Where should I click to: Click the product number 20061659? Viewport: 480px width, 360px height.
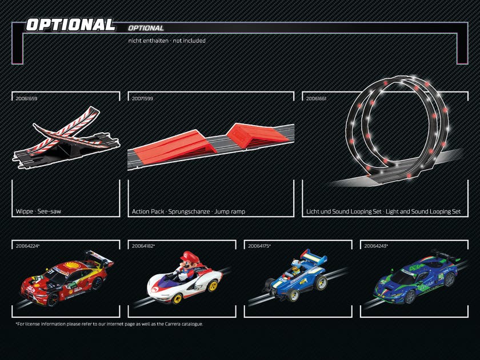(x=26, y=98)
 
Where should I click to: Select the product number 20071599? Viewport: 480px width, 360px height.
(x=142, y=98)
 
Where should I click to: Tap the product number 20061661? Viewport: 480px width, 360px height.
(x=316, y=98)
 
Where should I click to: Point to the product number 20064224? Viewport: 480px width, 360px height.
(x=27, y=246)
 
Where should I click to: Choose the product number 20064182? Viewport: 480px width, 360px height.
(x=143, y=246)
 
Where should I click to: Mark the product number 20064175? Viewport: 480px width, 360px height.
(x=259, y=246)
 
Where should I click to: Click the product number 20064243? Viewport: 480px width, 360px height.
(x=375, y=246)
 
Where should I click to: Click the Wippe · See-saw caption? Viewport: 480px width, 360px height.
(x=38, y=211)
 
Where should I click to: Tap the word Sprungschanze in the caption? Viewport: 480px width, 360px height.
(x=189, y=211)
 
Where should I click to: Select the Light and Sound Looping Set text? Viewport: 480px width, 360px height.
(x=423, y=211)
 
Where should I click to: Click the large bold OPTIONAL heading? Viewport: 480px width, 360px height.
(x=70, y=25)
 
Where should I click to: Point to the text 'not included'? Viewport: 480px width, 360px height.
(x=189, y=41)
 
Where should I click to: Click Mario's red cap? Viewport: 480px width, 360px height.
(x=190, y=256)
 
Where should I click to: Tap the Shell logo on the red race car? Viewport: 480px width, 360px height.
(x=69, y=265)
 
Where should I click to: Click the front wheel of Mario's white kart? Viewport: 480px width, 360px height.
(x=177, y=298)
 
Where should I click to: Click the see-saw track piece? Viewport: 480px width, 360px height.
(x=66, y=137)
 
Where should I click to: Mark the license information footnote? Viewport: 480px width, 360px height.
(x=109, y=324)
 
